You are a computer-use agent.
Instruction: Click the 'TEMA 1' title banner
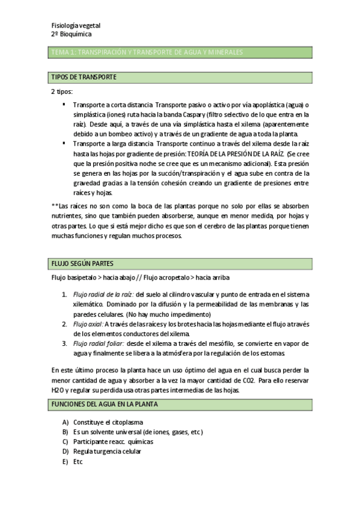pos(147,53)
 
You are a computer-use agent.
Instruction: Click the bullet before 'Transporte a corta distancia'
pos(64,104)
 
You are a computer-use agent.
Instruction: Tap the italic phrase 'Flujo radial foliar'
pos(99,343)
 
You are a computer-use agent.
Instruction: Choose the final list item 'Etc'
pos(78,461)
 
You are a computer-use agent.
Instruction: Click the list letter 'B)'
pos(66,432)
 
